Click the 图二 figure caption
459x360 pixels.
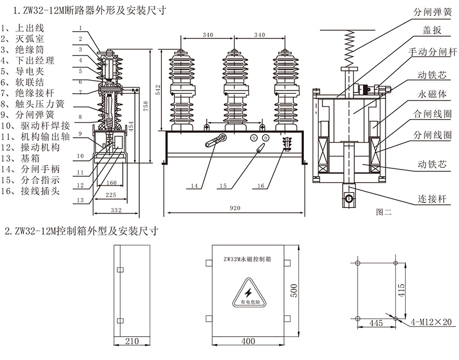click(384, 211)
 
